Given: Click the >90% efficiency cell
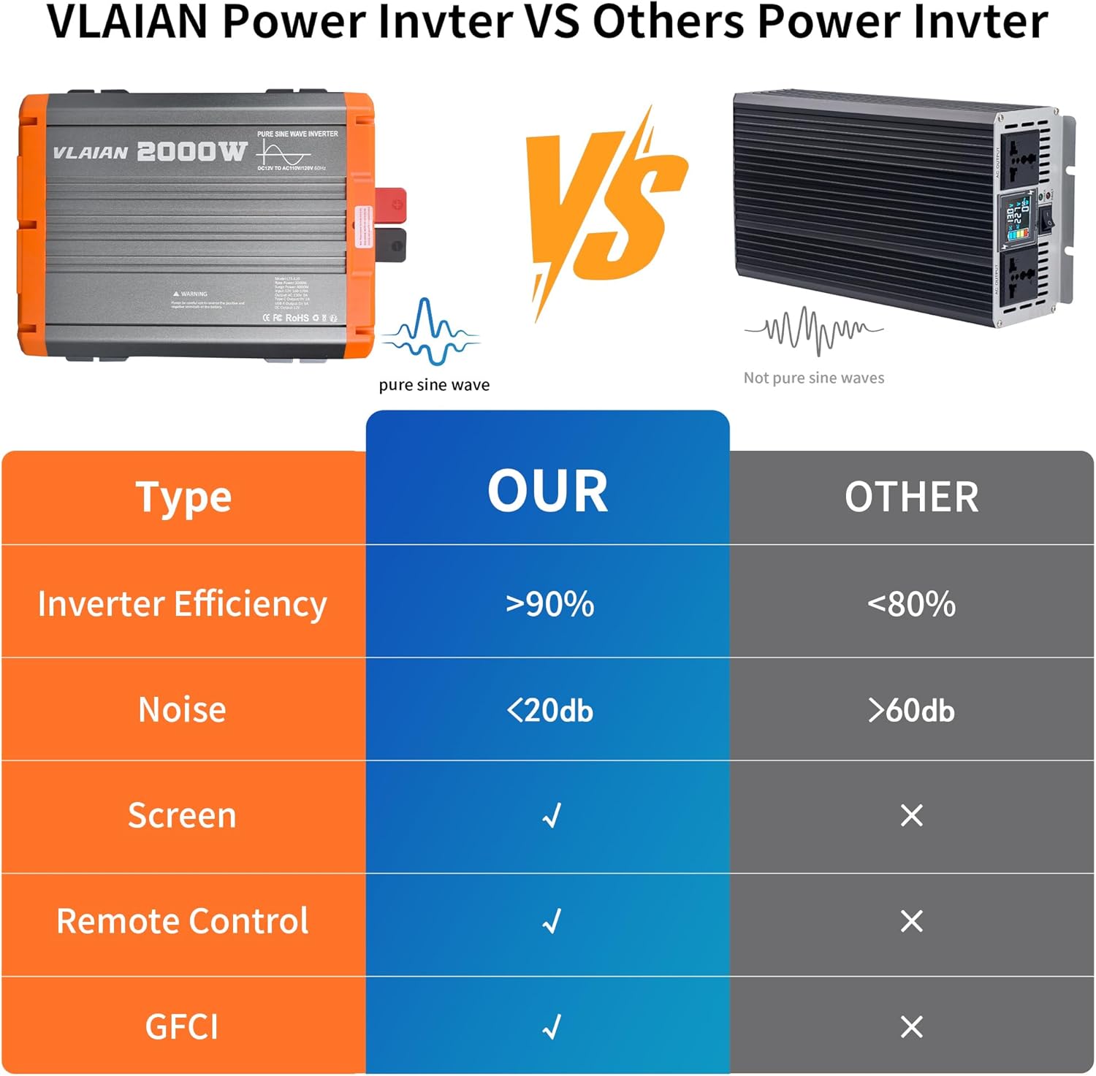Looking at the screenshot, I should (549, 604).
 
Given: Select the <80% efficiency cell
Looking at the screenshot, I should (911, 604).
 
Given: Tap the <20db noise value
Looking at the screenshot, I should (549, 710).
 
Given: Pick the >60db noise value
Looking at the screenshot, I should (911, 710).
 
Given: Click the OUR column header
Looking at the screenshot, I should (548, 492).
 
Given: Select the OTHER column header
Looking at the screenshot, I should (911, 497).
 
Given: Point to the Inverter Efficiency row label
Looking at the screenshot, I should (182, 604).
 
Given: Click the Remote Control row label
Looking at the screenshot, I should (182, 921).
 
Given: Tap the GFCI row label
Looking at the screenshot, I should (182, 1027).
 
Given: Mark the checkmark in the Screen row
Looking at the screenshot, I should (552, 815).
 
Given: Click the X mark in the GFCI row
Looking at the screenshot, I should (911, 1027).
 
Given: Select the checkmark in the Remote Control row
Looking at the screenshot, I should (552, 921).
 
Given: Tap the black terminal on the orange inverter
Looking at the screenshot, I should (391, 243).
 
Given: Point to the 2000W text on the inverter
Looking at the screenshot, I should (191, 151).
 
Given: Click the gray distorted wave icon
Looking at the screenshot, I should (814, 330).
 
